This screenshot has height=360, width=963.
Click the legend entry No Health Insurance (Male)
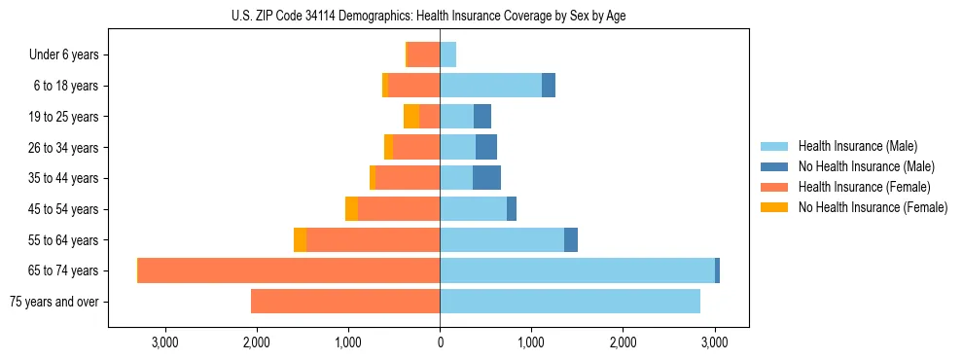click(866, 166)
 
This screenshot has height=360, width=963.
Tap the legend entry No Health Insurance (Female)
click(873, 207)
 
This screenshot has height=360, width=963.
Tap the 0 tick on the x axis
click(440, 342)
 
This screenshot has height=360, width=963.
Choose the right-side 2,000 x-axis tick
click(623, 342)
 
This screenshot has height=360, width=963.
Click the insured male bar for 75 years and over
click(570, 302)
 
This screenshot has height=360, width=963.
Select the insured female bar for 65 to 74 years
click(289, 270)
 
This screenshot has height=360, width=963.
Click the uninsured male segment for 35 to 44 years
click(486, 178)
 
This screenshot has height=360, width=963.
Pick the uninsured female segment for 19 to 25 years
click(411, 117)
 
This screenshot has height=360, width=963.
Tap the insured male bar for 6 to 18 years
click(490, 86)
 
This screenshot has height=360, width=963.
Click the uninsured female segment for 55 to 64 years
click(300, 240)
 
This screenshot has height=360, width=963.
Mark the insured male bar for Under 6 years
click(447, 55)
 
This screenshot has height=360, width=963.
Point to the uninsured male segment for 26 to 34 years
click(486, 148)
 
